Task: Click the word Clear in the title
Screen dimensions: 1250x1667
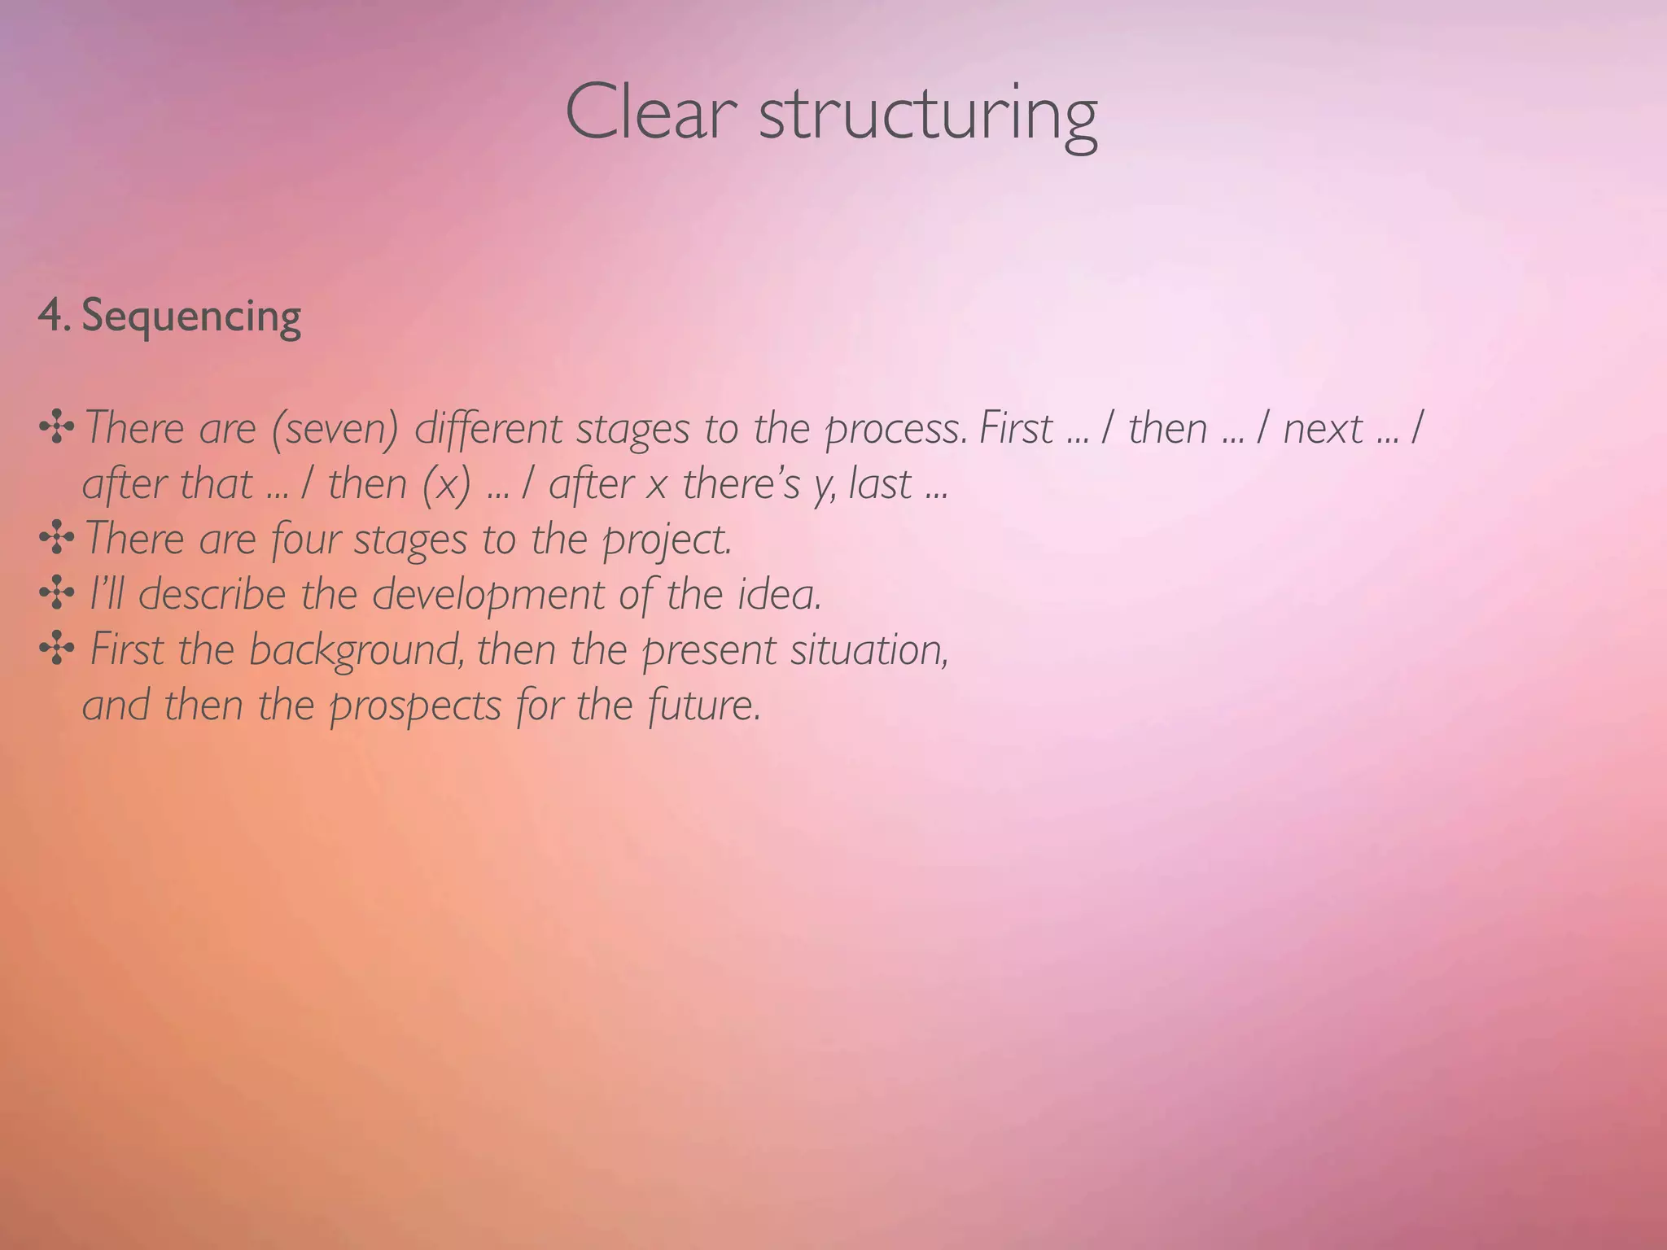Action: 651,114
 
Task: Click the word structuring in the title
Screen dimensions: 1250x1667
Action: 928,118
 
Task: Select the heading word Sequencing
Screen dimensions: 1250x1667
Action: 191,316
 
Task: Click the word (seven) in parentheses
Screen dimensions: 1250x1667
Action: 335,429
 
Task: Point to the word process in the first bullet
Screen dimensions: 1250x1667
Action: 895,429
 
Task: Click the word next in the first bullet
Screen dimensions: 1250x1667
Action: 1323,429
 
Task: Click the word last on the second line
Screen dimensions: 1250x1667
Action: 880,484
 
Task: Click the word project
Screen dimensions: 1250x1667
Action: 667,540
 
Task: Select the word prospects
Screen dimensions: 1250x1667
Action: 415,706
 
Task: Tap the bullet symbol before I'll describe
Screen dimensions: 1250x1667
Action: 57,593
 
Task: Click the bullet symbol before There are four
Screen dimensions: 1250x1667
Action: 57,538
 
